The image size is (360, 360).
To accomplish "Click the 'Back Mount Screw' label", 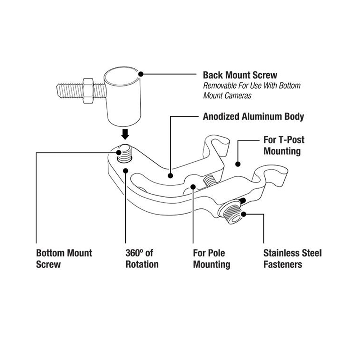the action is coord(240,75).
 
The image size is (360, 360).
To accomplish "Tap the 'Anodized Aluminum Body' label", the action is coord(253,116).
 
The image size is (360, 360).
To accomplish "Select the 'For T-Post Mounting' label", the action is coord(284,145).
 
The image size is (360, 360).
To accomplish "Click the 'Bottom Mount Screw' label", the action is coord(64,258).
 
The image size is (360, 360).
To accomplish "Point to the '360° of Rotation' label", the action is coord(142,258).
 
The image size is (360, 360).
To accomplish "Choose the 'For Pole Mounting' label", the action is coord(211,258).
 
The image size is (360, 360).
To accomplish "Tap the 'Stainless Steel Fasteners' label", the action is coord(292,258).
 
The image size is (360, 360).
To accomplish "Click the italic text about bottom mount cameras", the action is coord(252,90).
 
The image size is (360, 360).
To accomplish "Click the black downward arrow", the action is coord(125,134).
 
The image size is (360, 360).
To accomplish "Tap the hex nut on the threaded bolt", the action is coord(88,91).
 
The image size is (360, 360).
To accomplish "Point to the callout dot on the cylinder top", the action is coord(141,74).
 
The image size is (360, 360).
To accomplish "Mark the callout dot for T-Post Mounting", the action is coord(238,164).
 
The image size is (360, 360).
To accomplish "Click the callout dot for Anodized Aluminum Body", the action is coord(170,176).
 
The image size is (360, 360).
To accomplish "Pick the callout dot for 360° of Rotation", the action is coord(126,171).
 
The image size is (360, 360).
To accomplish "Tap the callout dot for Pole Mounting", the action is coord(193,187).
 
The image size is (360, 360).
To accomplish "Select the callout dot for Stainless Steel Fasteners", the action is coord(244,214).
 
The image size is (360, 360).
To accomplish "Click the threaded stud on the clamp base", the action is coord(125,153).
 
